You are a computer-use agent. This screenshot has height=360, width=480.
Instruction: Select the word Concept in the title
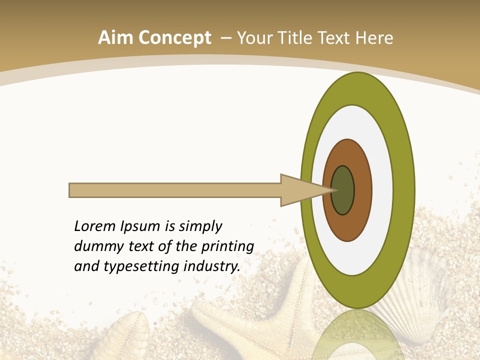175,38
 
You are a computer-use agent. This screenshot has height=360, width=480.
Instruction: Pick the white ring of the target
382,190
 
